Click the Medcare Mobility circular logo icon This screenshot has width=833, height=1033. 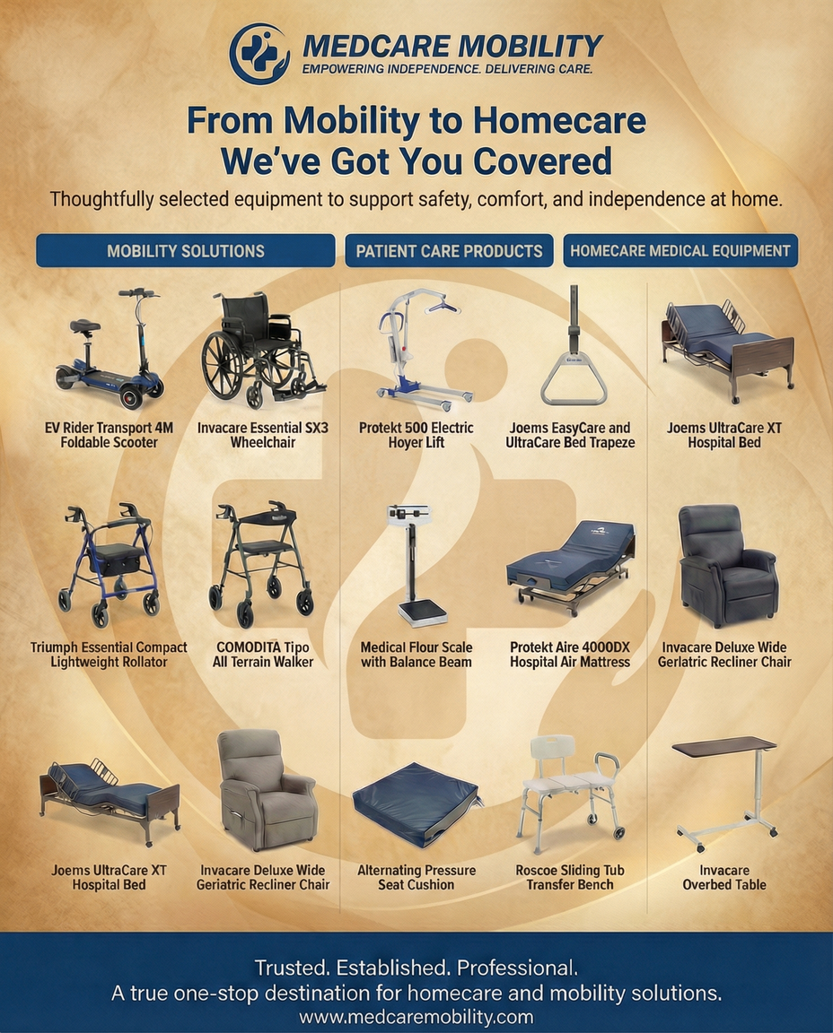coord(259,54)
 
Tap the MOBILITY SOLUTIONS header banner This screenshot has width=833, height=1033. coord(185,251)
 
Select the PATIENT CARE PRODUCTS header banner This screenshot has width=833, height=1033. coord(449,251)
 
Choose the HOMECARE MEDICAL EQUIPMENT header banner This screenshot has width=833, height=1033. coord(680,251)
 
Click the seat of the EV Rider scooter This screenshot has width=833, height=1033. coord(85,326)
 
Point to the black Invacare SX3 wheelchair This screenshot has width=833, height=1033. coord(262,349)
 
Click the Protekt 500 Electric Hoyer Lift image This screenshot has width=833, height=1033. coord(421,345)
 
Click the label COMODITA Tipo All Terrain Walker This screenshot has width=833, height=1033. coord(262,655)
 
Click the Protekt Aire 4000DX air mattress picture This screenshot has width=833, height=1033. coord(571,566)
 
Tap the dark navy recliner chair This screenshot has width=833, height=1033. coord(727,565)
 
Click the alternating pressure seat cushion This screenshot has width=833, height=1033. coord(416,804)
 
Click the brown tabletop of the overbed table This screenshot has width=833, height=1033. coord(723,746)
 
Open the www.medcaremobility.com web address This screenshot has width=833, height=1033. coord(416,1017)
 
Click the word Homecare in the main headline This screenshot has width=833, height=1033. coord(559,120)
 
